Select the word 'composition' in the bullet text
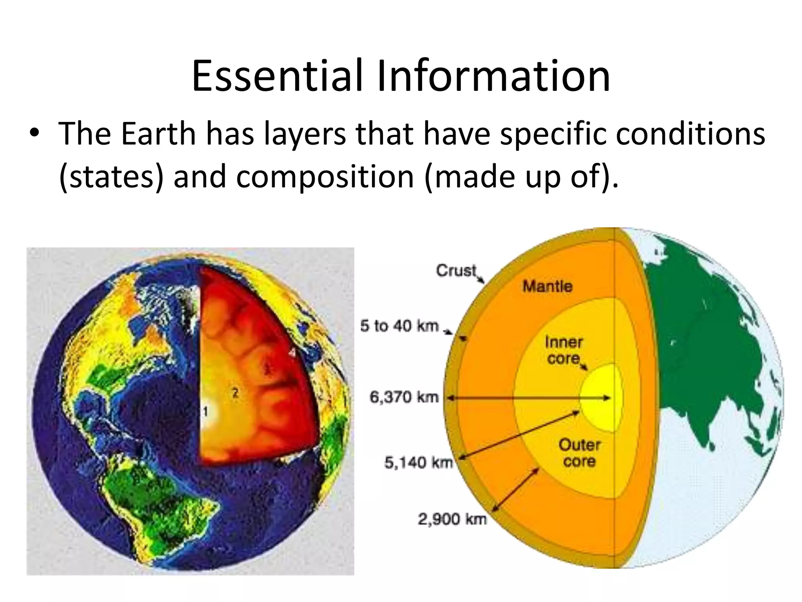tap(325, 176)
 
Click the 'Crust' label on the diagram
tap(456, 270)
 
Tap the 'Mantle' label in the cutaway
tap(547, 286)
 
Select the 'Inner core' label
tap(564, 350)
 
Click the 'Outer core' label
tap(579, 453)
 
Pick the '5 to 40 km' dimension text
tap(399, 326)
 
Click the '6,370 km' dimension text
tap(404, 397)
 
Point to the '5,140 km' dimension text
tap(418, 463)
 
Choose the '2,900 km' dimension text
tap(452, 519)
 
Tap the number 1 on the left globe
tap(205, 412)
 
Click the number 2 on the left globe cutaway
tap(235, 392)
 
